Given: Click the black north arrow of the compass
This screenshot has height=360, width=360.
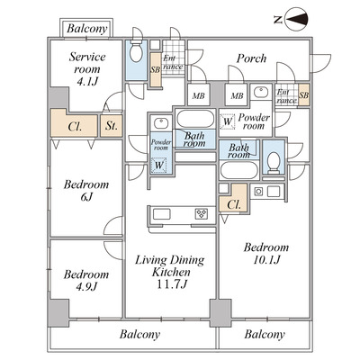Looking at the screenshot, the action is click(x=297, y=20).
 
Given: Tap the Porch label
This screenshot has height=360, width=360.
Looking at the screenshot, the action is click(x=251, y=58).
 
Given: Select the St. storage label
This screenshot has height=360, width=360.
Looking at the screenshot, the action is click(x=111, y=126).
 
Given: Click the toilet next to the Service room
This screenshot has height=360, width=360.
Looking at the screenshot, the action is click(x=136, y=51).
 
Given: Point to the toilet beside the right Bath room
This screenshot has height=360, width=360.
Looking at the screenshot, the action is click(x=274, y=162).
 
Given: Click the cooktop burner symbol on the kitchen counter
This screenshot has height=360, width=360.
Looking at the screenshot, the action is click(x=202, y=214).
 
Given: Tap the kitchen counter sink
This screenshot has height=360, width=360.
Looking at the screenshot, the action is click(x=162, y=214).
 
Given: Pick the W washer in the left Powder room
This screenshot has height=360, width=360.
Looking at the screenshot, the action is click(x=158, y=165).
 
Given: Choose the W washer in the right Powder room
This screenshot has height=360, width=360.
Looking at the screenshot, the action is click(x=228, y=121).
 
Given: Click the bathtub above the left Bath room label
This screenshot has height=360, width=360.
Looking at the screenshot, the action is click(x=195, y=119).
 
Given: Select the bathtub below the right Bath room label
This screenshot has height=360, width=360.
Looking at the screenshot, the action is click(x=239, y=170).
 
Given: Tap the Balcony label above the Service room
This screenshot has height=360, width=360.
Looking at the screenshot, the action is click(x=86, y=29).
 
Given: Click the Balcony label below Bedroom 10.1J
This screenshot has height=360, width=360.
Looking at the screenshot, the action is click(x=265, y=334).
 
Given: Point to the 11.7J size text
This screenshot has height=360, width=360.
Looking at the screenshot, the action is click(x=172, y=283).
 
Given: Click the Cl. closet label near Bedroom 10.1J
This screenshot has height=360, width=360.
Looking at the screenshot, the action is click(x=233, y=205).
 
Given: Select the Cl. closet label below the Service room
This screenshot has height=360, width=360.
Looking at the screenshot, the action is click(x=75, y=126).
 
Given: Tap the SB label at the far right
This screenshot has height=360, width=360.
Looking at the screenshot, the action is click(x=303, y=95).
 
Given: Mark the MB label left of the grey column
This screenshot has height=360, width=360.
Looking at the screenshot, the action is click(x=198, y=96).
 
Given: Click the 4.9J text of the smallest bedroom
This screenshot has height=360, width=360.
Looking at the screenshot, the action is click(x=86, y=287).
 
